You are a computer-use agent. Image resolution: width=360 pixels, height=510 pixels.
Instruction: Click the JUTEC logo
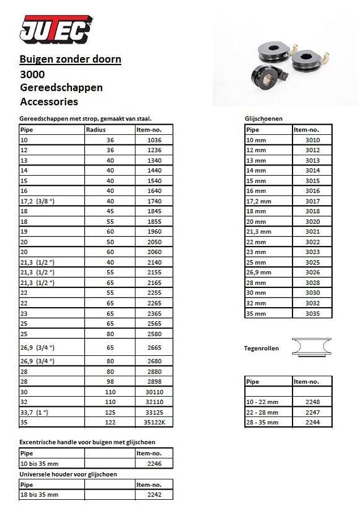coord(56,29)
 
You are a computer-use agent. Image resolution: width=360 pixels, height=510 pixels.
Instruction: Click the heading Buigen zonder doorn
coord(70,59)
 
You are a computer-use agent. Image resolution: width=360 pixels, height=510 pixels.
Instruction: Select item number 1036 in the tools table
coord(154,140)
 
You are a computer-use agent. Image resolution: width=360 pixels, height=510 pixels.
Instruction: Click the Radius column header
coord(96,130)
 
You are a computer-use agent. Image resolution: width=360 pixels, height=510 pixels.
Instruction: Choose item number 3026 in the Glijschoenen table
coord(312,273)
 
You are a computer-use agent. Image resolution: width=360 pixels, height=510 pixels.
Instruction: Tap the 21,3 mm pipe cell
coord(259,232)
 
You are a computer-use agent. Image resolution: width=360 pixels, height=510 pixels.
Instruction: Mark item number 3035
coord(312,313)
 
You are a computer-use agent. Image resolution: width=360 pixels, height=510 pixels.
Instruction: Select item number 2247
coord(312,412)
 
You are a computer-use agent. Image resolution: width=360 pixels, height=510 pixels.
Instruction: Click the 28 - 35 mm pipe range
coord(262,422)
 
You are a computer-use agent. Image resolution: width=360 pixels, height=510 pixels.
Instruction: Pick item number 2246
coord(154,463)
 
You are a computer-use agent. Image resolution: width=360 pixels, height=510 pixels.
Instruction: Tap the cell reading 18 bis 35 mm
coord(39,495)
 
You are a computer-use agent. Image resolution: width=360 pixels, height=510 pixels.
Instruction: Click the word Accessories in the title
coord(49,102)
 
